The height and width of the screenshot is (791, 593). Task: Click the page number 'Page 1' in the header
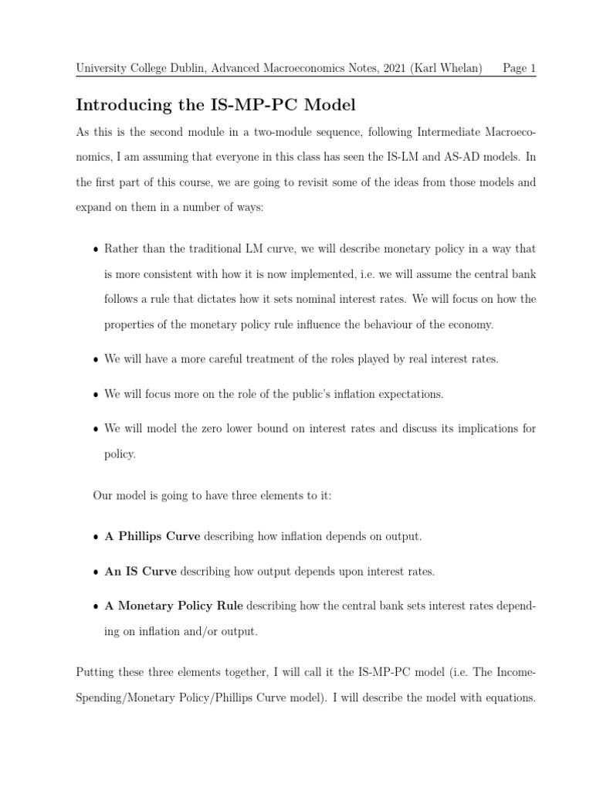[x=519, y=68]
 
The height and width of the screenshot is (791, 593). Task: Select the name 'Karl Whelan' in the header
[x=450, y=68]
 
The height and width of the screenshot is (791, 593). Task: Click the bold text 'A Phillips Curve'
[x=152, y=536]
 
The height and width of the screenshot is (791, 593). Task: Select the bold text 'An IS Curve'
[x=141, y=572]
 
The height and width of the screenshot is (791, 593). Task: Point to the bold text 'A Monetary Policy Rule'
[x=174, y=606]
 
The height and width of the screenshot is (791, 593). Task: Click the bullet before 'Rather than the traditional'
[x=96, y=250]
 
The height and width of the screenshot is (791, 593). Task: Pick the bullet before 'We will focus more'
[x=96, y=395]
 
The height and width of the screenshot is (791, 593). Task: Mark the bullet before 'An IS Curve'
[x=96, y=572]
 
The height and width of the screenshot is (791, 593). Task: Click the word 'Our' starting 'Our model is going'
[x=103, y=494]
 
